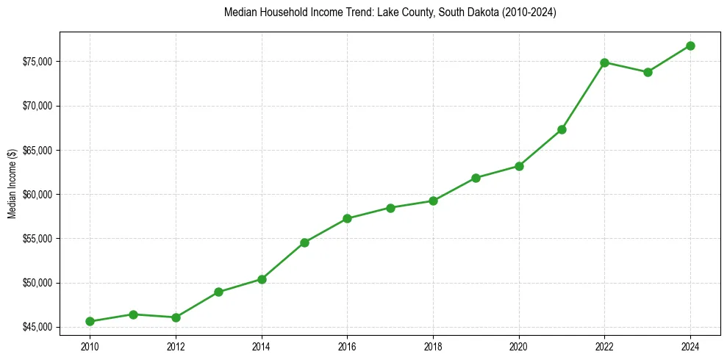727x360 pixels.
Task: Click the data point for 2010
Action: (90, 321)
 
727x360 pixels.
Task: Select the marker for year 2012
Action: (176, 317)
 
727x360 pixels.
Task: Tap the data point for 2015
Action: (304, 242)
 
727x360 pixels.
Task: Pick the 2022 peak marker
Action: (604, 62)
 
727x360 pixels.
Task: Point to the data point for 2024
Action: (690, 46)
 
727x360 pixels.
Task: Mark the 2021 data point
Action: (562, 129)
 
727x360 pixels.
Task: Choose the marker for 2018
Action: (433, 201)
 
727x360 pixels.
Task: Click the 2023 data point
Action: (648, 72)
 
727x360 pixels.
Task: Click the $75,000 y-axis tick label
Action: (38, 62)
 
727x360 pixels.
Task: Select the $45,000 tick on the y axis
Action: (38, 327)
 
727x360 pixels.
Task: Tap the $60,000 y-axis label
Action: (38, 195)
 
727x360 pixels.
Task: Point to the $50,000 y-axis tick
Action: (38, 283)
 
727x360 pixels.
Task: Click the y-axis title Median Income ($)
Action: (12, 194)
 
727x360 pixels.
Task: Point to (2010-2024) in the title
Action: (530, 12)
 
